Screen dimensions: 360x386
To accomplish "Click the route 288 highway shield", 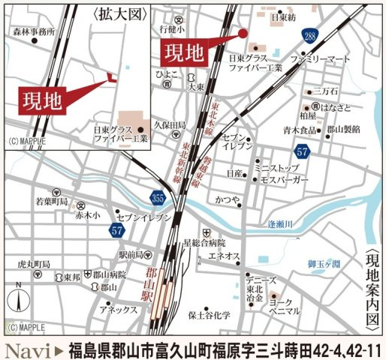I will pyautogui.click(x=309, y=36).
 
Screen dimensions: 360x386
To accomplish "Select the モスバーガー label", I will pyautogui.click(x=282, y=181).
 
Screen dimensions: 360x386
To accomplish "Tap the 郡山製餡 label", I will pyautogui.click(x=343, y=129).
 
